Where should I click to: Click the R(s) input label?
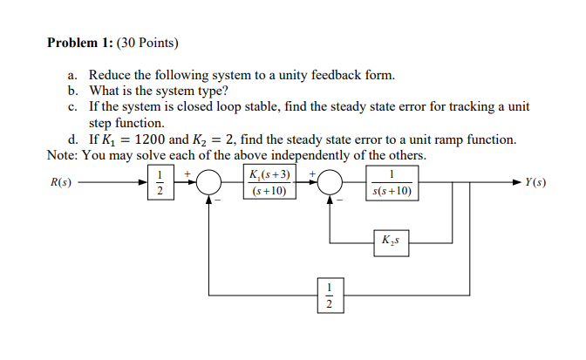(x=62, y=183)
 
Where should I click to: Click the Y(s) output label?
(x=535, y=183)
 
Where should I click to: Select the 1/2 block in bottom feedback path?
(x=329, y=294)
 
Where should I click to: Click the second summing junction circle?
(x=330, y=184)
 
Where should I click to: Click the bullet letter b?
(x=72, y=91)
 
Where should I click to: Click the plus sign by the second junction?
(x=311, y=173)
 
